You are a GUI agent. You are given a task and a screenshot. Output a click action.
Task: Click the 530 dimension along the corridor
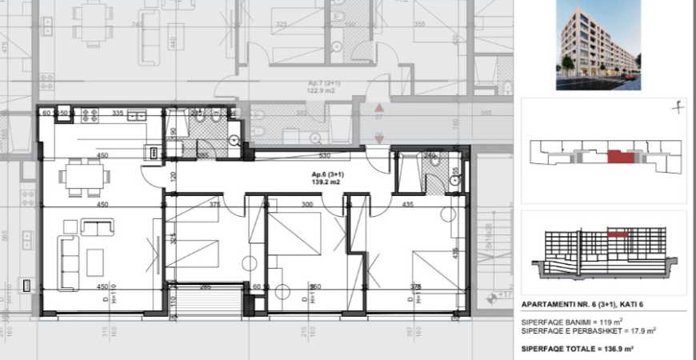[325, 156]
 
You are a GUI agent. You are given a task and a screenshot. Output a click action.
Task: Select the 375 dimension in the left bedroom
[214, 204]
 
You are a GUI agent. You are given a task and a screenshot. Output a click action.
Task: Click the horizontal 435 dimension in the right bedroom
[407, 205]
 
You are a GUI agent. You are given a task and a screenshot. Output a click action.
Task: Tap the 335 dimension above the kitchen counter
[117, 114]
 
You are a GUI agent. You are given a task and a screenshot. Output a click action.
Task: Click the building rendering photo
[598, 45]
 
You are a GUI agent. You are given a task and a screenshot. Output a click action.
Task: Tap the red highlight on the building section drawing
[617, 237]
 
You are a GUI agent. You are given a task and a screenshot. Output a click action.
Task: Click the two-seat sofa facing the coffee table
[98, 228]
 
